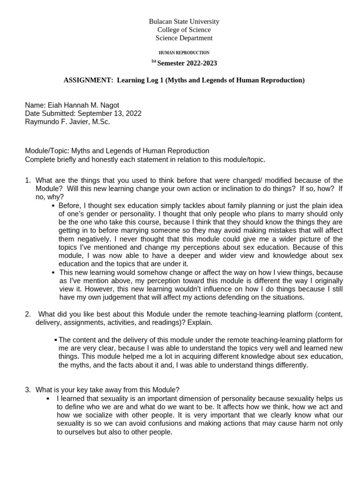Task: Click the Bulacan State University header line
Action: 184,22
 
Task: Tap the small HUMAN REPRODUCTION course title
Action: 184,53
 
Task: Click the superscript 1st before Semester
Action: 153,61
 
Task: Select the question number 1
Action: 28,180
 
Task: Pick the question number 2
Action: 28,314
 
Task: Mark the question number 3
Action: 28,390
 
